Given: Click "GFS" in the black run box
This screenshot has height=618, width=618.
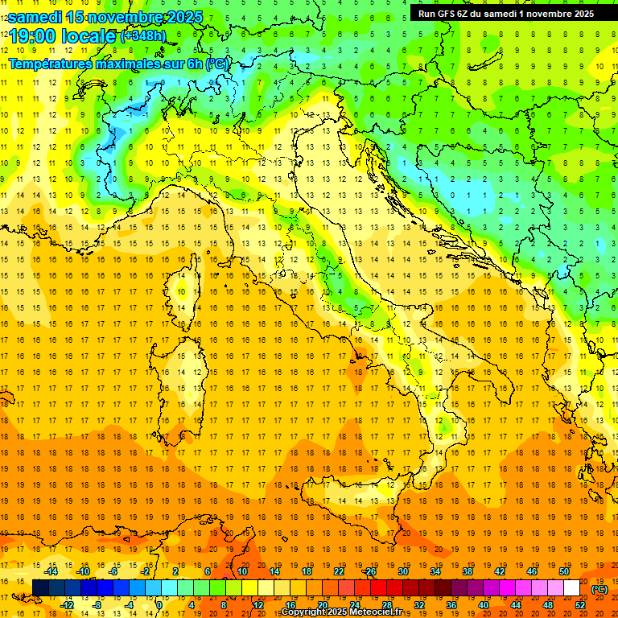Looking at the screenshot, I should [x=451, y=14].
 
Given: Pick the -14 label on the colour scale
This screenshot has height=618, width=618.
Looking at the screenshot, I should [x=51, y=571].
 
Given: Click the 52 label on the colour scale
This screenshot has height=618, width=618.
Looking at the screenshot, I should [x=580, y=604].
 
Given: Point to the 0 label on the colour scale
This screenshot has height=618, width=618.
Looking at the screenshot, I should [x=159, y=604].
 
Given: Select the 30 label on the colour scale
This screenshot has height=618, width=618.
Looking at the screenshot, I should [x=402, y=571].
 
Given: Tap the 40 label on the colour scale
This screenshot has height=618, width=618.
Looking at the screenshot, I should [x=484, y=604].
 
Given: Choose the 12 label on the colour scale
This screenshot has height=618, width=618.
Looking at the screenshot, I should [x=257, y=604].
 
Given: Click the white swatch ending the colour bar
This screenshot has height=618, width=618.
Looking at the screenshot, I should [x=571, y=587].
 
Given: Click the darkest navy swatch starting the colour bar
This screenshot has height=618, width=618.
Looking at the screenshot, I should [x=40, y=587].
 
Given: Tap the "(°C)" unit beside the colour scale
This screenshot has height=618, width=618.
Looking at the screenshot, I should [x=599, y=589].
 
